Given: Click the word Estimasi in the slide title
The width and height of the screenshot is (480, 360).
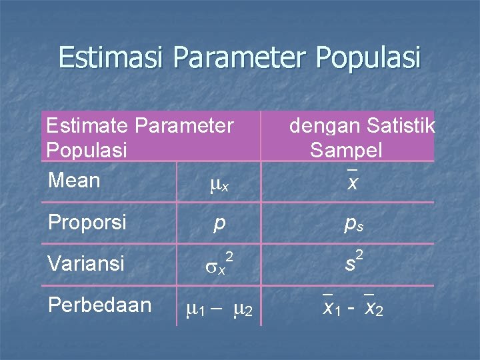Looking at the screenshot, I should click(x=112, y=57).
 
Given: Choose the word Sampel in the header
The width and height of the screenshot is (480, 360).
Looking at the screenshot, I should click(x=346, y=150).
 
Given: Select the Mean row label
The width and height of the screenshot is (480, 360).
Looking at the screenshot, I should click(x=74, y=181).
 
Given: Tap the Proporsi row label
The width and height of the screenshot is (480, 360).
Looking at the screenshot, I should click(x=87, y=222).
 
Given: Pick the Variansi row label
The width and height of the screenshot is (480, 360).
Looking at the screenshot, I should click(x=86, y=263).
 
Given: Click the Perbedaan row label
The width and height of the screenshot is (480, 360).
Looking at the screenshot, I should click(x=99, y=305).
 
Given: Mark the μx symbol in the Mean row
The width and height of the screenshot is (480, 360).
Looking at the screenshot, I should click(x=219, y=185).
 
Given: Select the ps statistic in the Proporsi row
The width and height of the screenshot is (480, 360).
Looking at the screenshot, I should click(x=353, y=225).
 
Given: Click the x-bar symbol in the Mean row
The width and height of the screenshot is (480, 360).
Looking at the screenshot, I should click(x=351, y=181).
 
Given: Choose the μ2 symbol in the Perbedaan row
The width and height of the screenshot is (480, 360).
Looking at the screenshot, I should click(x=242, y=309).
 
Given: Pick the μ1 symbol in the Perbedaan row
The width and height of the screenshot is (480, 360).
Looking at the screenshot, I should click(x=198, y=309).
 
